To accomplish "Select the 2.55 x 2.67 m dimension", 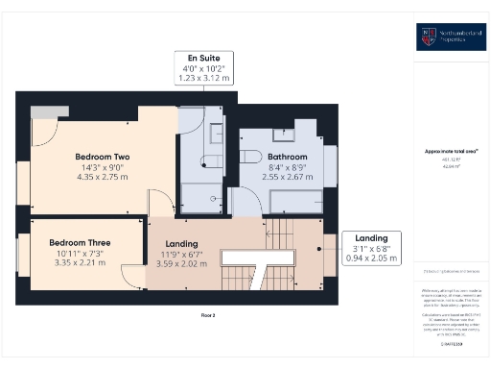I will (287, 178).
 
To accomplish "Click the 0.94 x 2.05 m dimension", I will (371, 258).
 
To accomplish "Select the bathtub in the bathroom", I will (298, 203).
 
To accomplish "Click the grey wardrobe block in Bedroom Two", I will (43, 112).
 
